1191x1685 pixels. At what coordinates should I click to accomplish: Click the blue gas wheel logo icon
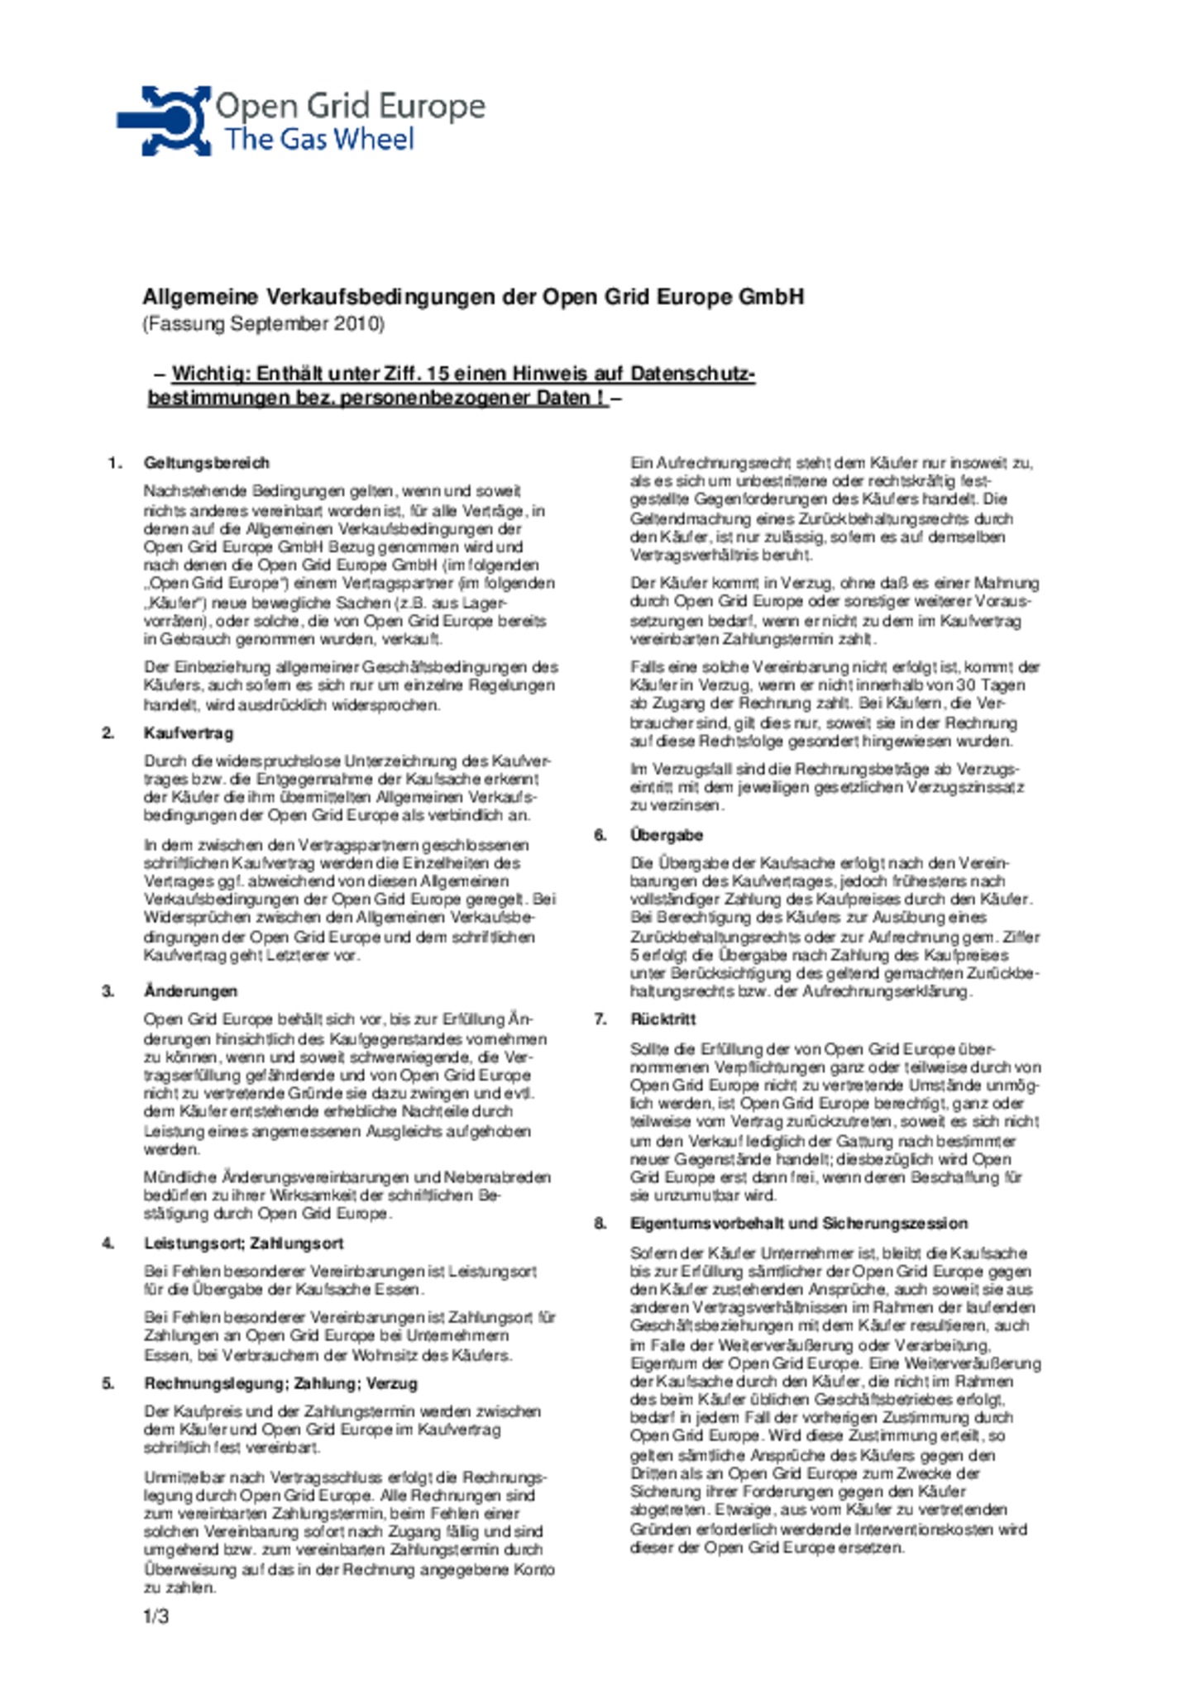165,121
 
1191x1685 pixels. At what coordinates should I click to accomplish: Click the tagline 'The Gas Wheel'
319,139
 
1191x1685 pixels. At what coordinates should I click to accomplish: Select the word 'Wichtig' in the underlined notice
210,374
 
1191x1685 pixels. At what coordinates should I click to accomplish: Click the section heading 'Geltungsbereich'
206,463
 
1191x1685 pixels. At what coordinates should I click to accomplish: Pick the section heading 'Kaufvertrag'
189,733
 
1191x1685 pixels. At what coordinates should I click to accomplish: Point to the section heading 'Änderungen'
190,991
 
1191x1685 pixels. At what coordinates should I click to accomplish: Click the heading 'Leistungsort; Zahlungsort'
243,1243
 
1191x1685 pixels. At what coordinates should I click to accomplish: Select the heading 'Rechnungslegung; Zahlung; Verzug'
280,1383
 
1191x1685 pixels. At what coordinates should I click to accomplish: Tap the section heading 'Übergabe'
666,835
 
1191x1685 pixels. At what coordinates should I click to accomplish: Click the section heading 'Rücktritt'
662,1019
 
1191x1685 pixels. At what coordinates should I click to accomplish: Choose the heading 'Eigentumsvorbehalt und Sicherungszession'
798,1224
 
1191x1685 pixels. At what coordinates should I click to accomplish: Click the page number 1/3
155,1616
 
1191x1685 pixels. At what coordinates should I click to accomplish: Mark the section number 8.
600,1224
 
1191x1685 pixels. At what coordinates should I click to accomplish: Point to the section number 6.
600,835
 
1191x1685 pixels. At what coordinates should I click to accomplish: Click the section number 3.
108,991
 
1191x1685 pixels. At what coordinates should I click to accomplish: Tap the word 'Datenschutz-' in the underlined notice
692,374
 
